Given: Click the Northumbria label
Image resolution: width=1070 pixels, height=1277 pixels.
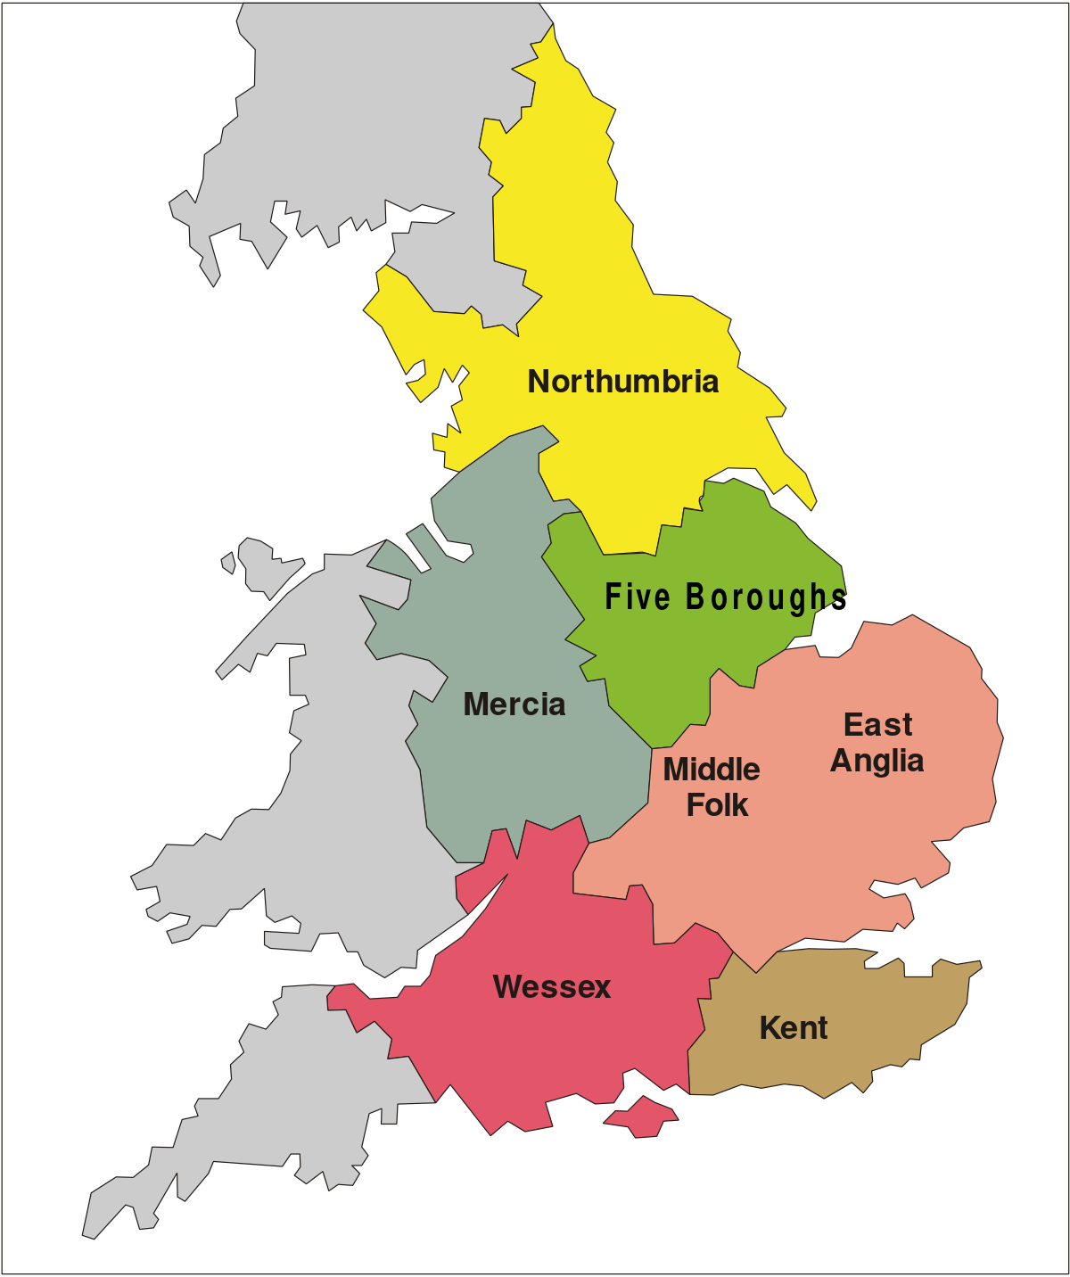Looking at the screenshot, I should click(x=623, y=382).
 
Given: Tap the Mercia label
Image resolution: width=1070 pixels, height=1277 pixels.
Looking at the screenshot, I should click(x=514, y=704).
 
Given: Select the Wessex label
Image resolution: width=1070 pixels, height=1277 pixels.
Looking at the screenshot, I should click(x=552, y=987).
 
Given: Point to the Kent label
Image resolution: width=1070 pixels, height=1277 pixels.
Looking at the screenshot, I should click(x=794, y=1028).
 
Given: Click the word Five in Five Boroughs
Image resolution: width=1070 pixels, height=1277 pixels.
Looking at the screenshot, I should click(x=637, y=597).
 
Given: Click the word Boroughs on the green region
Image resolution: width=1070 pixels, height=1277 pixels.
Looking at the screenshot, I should click(x=765, y=597).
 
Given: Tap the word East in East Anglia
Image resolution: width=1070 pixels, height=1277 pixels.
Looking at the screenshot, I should click(x=878, y=725).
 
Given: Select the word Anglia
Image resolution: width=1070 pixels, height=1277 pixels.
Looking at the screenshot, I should click(x=877, y=761).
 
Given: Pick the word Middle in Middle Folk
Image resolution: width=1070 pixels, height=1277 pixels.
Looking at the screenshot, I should click(x=712, y=770).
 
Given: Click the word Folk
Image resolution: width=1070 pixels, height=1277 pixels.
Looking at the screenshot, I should click(x=717, y=805).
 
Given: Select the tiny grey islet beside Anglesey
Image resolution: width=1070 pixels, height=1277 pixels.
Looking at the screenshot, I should click(x=228, y=563).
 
